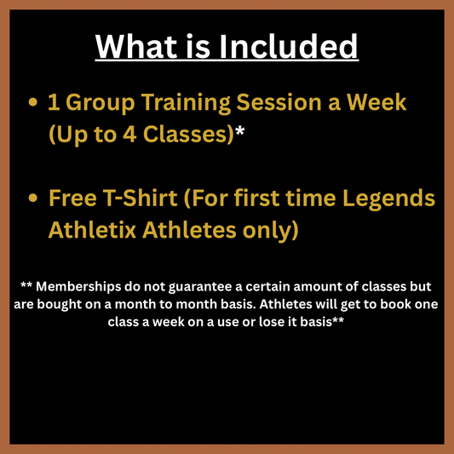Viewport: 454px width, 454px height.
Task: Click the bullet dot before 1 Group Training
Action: pos(33,103)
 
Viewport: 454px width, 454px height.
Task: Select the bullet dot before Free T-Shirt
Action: pos(33,198)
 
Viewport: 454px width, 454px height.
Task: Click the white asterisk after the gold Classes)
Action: pos(241,132)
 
